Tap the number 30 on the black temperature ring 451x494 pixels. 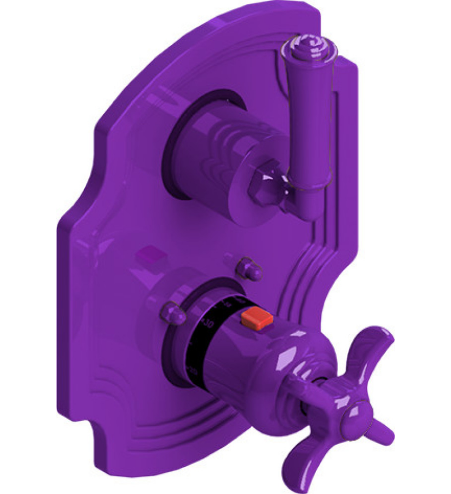[x=207, y=324]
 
